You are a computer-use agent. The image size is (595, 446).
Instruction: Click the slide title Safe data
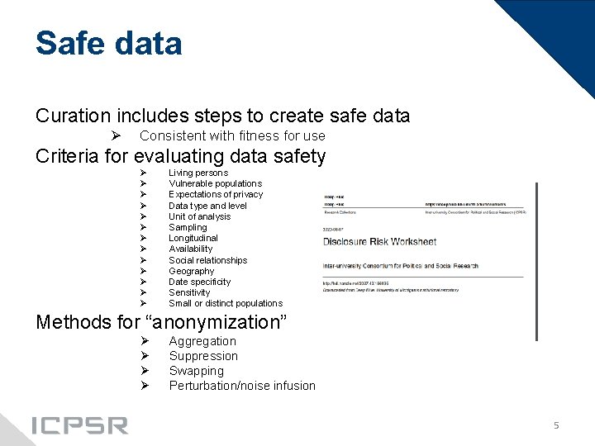tap(108, 43)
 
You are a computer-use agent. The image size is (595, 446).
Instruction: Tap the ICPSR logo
tap(79, 425)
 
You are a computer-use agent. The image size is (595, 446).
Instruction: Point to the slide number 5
tap(556, 425)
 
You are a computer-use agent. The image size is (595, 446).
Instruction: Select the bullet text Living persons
tap(198, 173)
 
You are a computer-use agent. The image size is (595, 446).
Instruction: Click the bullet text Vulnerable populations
tap(215, 183)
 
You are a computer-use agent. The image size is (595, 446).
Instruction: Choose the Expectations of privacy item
tap(216, 194)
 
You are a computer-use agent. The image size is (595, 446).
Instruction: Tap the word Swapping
tap(196, 371)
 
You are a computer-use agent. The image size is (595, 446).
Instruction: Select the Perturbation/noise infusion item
tap(242, 386)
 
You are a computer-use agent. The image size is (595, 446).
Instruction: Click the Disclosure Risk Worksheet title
tap(379, 242)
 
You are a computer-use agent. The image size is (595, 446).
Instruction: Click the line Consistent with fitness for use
tap(232, 135)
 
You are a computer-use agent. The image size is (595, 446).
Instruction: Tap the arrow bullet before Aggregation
tap(144, 341)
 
